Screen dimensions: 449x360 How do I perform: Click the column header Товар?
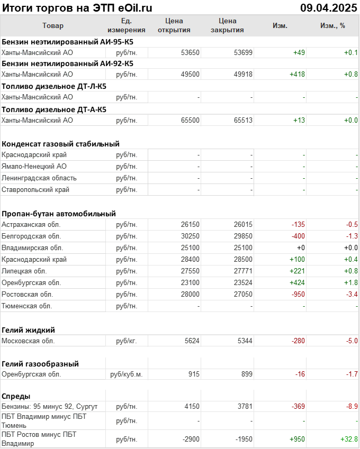click(x=52, y=26)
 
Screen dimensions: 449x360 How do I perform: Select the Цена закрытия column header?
click(x=227, y=25)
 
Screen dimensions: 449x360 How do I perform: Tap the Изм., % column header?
click(x=332, y=26)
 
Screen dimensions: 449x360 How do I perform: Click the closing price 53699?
click(x=243, y=52)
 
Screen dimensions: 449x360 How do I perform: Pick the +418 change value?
click(x=297, y=75)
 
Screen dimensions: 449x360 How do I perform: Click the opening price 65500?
click(x=190, y=121)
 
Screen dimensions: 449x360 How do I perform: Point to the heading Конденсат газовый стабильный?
click(x=60, y=144)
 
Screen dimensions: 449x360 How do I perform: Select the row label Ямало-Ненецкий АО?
click(x=34, y=167)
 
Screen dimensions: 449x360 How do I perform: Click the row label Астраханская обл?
click(x=31, y=225)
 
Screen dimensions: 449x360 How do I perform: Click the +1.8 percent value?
click(x=350, y=282)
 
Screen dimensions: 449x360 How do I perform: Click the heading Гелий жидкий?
click(x=29, y=330)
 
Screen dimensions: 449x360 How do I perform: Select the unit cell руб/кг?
click(x=127, y=341)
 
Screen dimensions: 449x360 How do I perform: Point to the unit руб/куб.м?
click(x=127, y=374)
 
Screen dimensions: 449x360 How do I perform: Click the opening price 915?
click(x=193, y=374)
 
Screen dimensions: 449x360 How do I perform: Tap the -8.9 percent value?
click(x=350, y=406)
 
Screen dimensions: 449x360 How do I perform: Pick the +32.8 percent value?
click(x=349, y=439)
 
